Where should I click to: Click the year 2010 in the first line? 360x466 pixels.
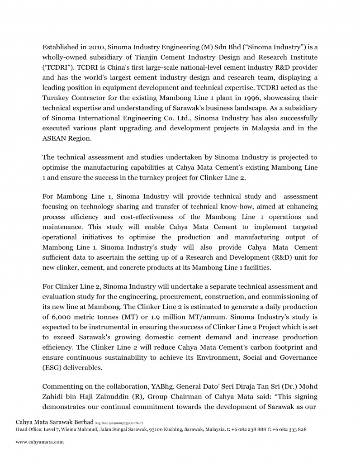pos(91,47)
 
